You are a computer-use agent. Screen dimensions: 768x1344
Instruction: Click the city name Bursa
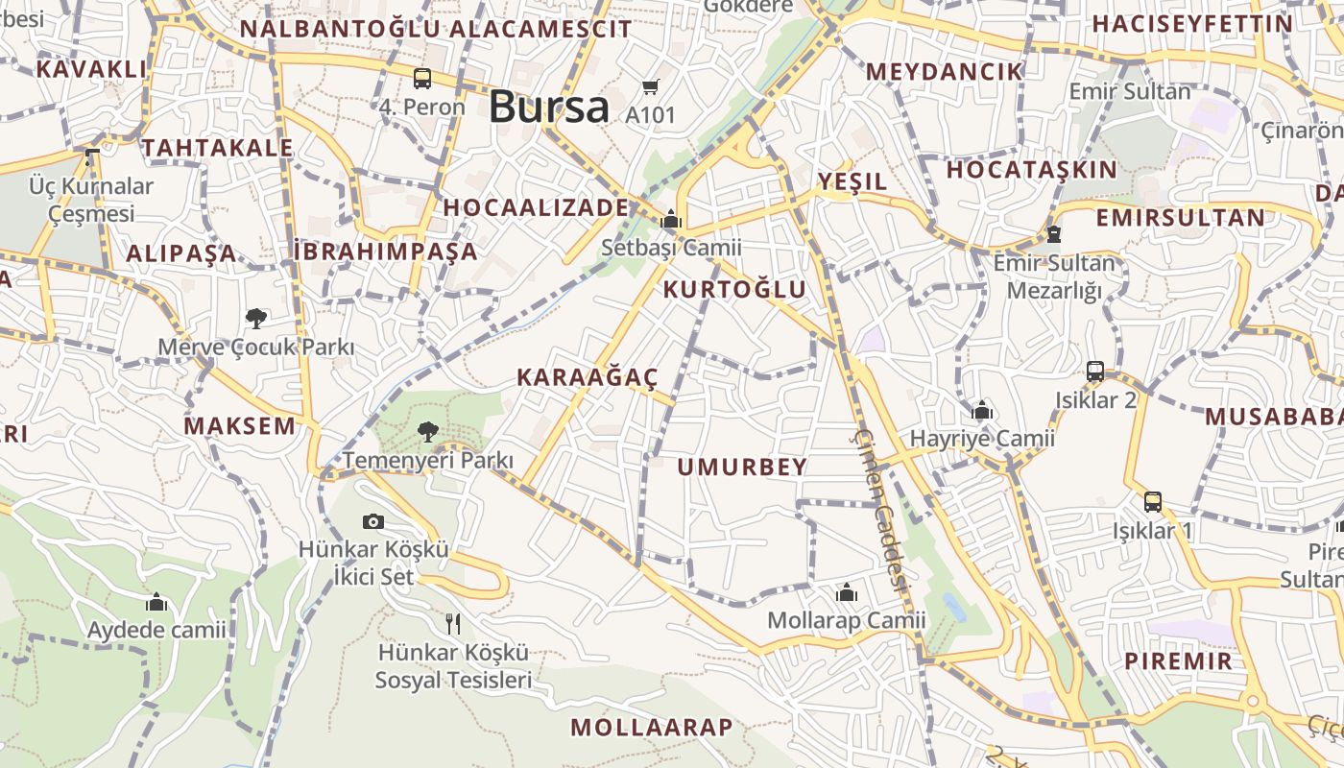[548, 107]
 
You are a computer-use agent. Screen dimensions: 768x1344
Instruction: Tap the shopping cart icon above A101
[651, 87]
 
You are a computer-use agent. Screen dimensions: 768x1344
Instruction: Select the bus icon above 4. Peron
[422, 79]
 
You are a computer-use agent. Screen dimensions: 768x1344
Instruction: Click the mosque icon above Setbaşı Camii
[671, 220]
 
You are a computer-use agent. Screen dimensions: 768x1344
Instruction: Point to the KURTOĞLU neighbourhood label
[735, 290]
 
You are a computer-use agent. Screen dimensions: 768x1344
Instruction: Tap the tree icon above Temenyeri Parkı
[428, 432]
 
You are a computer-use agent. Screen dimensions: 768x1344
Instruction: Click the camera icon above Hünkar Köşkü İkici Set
[373, 521]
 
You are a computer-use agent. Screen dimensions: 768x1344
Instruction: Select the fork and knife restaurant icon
[453, 624]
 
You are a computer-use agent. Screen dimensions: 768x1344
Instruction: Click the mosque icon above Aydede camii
[156, 603]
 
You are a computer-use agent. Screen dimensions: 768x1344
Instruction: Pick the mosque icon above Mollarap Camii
[846, 592]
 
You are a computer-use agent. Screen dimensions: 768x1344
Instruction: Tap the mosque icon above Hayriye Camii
[981, 411]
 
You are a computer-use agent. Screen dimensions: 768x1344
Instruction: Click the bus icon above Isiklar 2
[1095, 372]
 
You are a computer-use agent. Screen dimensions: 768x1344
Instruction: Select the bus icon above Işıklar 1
[1153, 501]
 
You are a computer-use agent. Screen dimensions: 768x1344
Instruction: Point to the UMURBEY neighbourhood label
[742, 468]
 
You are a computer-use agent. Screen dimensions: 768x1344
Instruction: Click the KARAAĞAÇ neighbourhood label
[588, 377]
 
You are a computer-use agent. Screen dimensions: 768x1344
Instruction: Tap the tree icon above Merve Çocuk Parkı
[255, 318]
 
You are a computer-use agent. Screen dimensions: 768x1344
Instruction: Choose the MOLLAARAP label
[652, 728]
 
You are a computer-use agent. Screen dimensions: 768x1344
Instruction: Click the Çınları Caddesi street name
[881, 509]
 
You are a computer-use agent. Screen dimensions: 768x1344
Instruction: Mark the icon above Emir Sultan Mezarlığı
[1054, 234]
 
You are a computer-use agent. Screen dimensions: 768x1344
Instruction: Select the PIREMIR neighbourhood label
[1178, 661]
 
